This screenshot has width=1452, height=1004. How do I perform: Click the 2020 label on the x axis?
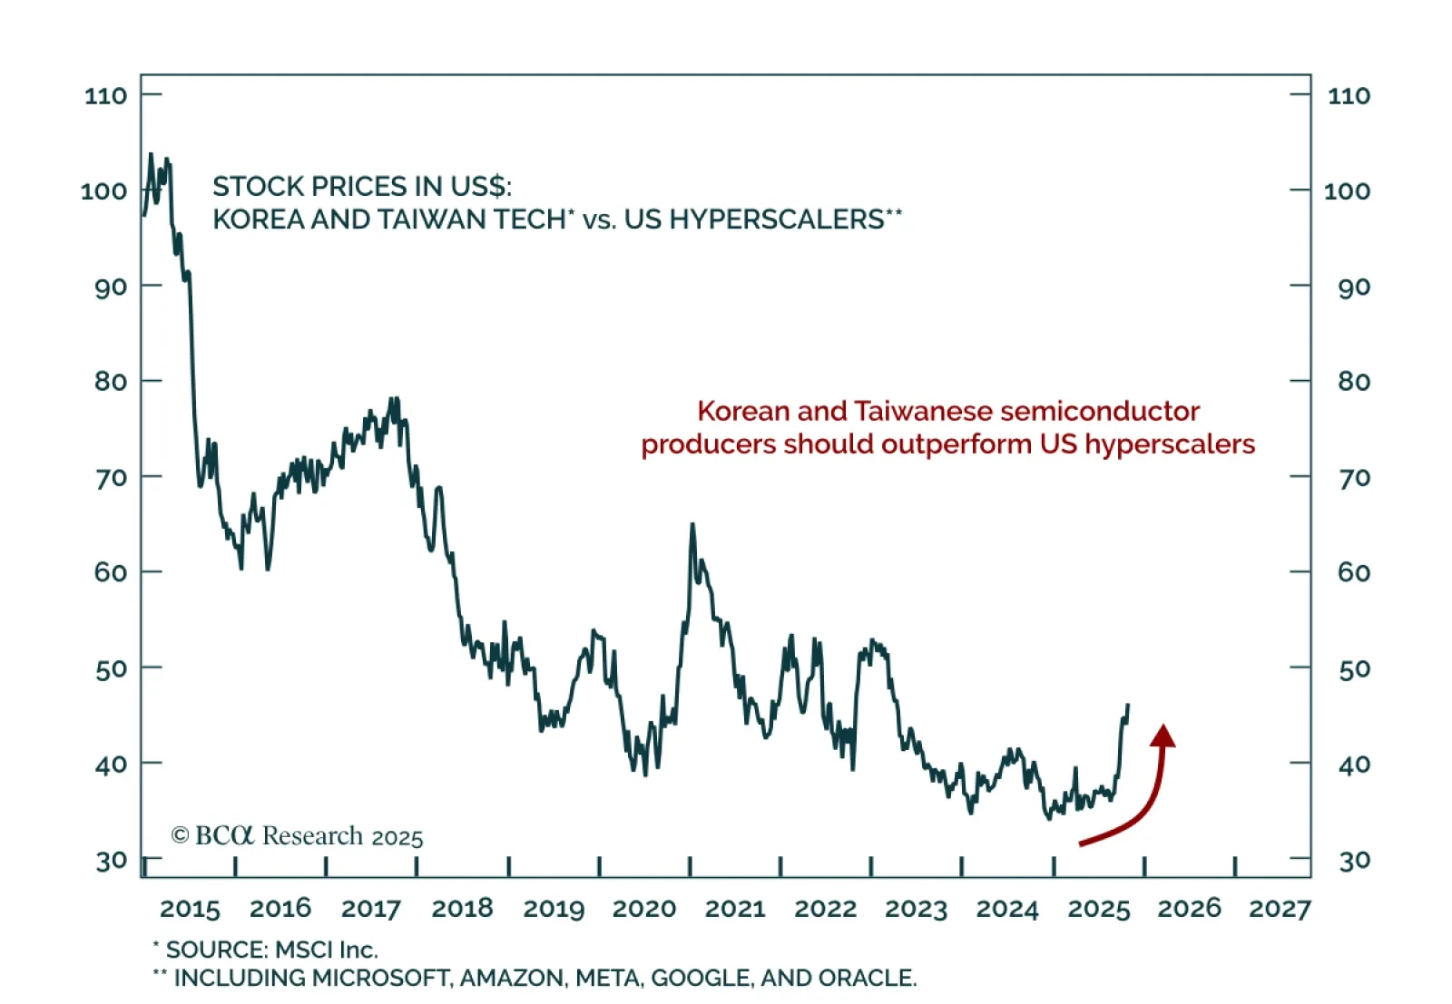[644, 908]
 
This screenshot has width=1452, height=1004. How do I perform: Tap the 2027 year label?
[1280, 908]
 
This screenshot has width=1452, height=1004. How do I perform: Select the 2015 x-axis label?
[190, 908]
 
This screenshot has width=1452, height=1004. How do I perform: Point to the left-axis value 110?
[105, 95]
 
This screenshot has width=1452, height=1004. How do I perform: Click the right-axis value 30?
[1354, 860]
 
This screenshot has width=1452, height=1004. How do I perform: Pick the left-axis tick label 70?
[111, 477]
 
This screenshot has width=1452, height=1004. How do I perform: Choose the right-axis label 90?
[1354, 287]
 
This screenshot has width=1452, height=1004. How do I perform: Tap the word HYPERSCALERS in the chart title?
[777, 219]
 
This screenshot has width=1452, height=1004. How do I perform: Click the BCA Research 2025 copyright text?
[298, 835]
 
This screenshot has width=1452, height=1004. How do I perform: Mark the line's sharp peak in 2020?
[692, 524]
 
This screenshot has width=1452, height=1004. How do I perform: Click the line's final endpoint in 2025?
[1128, 705]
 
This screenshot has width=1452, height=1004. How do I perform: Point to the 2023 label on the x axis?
[916, 908]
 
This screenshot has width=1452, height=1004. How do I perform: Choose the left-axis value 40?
[111, 765]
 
